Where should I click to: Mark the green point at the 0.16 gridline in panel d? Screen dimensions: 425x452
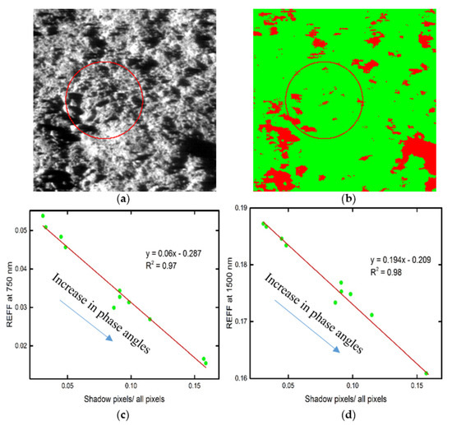(x=427, y=373)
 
